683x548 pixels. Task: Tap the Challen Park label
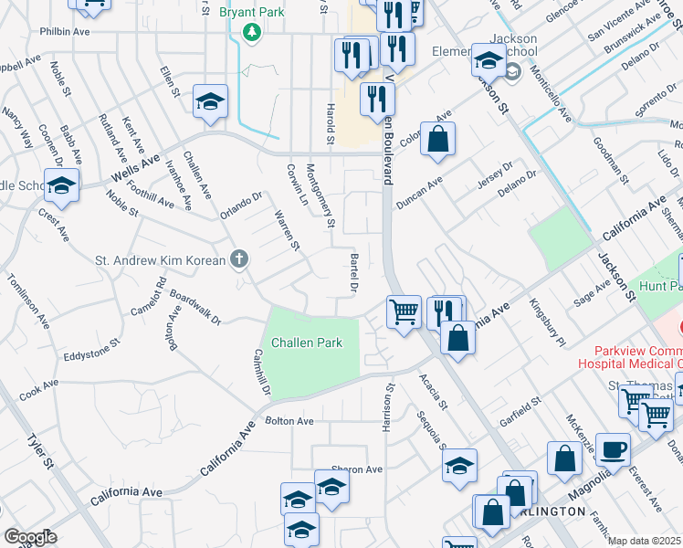tap(307, 342)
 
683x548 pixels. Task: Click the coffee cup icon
tap(613, 449)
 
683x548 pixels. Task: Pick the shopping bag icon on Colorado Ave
tap(437, 141)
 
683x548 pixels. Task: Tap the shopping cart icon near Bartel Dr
tap(403, 312)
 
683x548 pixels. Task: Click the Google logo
tap(29, 537)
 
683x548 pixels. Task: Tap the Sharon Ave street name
tap(356, 469)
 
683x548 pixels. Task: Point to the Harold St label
tap(330, 122)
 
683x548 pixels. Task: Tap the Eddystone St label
tap(85, 352)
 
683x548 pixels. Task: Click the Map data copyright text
tap(645, 541)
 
